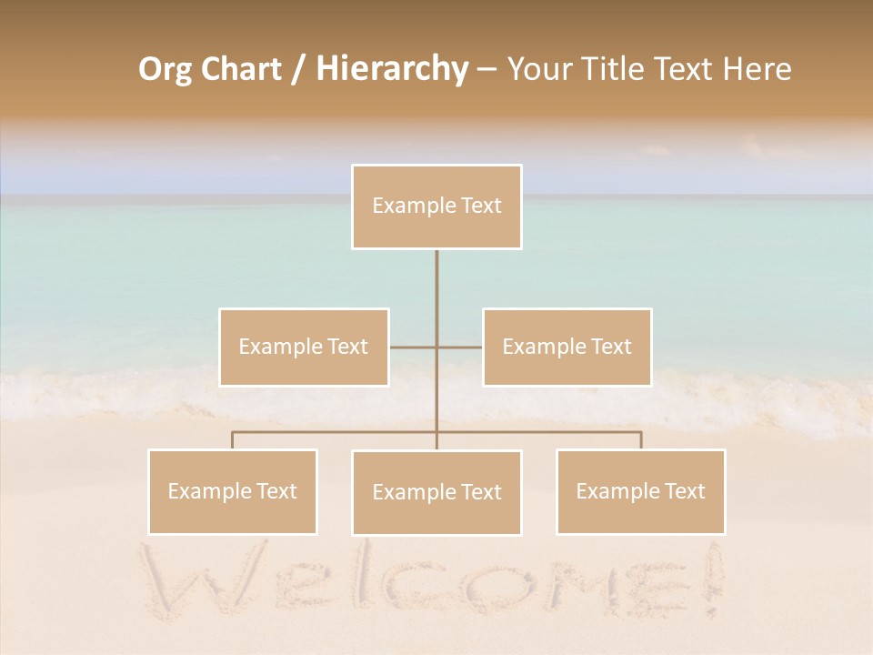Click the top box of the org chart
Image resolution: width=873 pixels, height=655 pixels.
pyautogui.click(x=436, y=207)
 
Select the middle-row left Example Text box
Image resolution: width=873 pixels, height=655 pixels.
pyautogui.click(x=304, y=347)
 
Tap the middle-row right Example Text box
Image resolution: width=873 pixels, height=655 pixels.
pyautogui.click(x=567, y=347)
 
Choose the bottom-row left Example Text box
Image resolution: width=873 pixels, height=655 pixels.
pyautogui.click(x=233, y=491)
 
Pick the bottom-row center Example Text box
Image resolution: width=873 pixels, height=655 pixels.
pyautogui.click(x=436, y=492)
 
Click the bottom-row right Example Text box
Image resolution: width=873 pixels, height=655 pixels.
pyautogui.click(x=640, y=491)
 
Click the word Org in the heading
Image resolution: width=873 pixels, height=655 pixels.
pyautogui.click(x=166, y=69)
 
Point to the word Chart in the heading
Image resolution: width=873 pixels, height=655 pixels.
pyautogui.click(x=240, y=69)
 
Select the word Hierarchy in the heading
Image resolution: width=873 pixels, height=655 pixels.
pyautogui.click(x=392, y=69)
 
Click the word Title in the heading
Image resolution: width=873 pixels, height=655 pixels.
pyautogui.click(x=617, y=69)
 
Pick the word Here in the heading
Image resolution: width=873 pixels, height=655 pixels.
pyautogui.click(x=757, y=69)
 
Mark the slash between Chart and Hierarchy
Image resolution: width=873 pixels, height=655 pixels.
pyautogui.click(x=298, y=69)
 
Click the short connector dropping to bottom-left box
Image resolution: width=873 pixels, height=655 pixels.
pyautogui.click(x=233, y=440)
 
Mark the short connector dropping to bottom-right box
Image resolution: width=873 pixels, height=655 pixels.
pyautogui.click(x=640, y=440)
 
